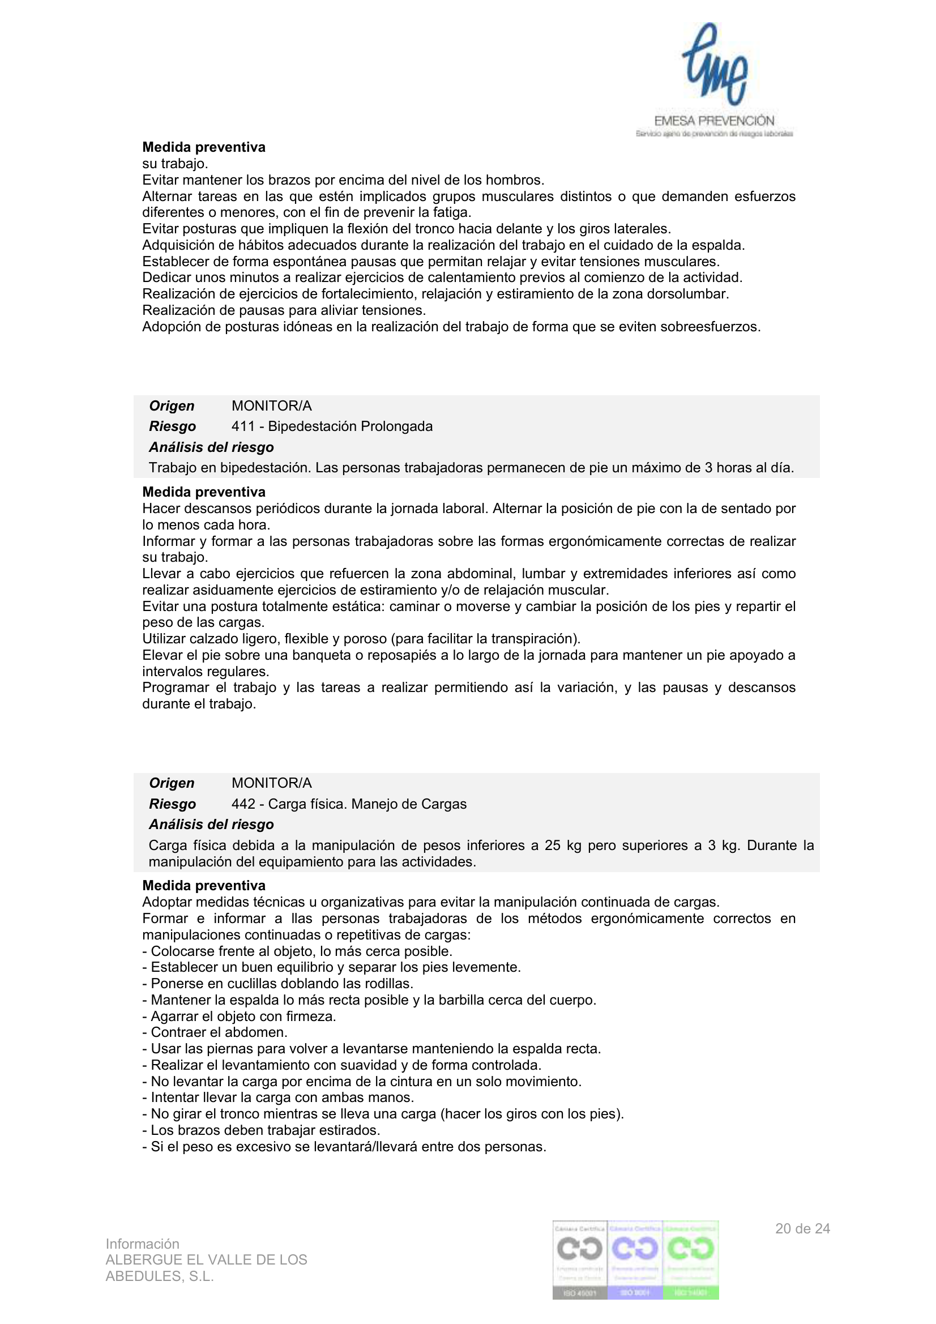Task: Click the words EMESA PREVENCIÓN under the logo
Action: pyautogui.click(x=714, y=121)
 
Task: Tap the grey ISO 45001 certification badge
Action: pyautogui.click(x=580, y=1260)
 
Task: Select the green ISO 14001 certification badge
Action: pyautogui.click(x=691, y=1260)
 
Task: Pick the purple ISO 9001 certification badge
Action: pyautogui.click(x=635, y=1260)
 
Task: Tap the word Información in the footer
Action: pyautogui.click(x=143, y=1244)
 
